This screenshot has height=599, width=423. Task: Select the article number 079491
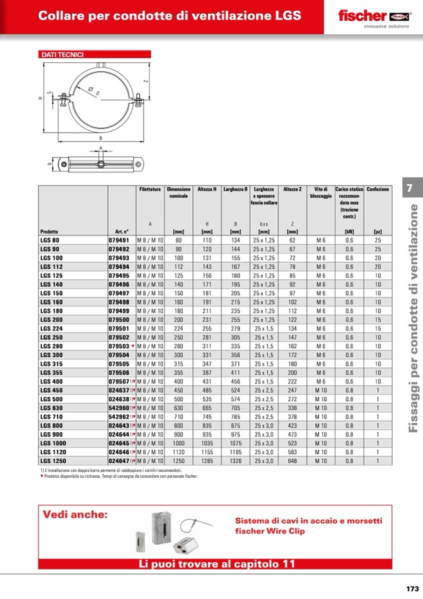[x=119, y=240]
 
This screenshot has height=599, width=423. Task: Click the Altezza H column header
[x=207, y=189]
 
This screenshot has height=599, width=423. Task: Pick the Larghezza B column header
[x=235, y=189]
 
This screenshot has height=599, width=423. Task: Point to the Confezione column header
[x=377, y=189]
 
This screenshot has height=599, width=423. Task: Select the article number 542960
[x=119, y=407]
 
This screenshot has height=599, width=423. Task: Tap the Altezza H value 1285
[x=207, y=460]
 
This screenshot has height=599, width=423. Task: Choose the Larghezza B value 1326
[x=235, y=460]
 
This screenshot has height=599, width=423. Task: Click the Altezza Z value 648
[x=292, y=460]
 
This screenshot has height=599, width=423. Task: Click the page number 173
[x=412, y=588]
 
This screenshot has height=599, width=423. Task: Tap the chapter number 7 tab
[x=409, y=188]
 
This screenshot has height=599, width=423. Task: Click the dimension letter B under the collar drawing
[x=100, y=137]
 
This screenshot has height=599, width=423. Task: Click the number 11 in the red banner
[x=288, y=564]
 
